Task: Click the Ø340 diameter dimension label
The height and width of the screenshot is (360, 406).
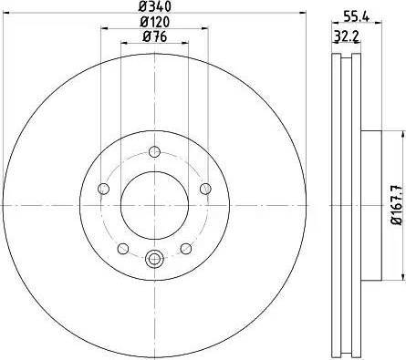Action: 153,7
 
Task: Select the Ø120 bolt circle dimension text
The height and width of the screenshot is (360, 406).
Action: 153,23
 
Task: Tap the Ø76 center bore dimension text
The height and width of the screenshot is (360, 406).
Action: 153,36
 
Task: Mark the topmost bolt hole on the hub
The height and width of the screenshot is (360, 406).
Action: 153,151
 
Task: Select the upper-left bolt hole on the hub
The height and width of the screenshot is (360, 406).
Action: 103,189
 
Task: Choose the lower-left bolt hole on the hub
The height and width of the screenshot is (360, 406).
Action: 122,248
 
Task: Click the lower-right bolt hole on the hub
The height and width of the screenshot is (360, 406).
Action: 185,248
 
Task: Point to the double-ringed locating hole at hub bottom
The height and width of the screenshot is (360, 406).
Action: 153,259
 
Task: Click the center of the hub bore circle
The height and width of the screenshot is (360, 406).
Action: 153,205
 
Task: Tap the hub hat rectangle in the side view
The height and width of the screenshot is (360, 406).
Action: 369,205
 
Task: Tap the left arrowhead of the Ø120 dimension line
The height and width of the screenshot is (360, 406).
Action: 101,30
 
